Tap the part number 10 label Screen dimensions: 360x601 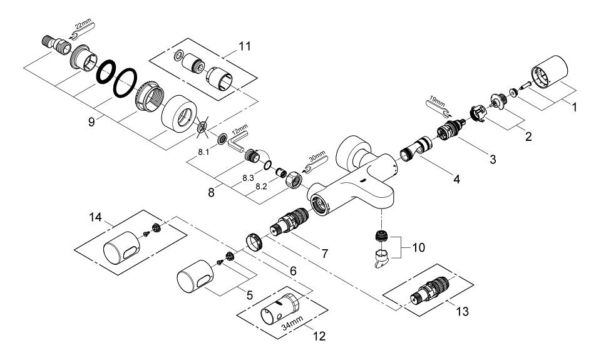coord(418,248)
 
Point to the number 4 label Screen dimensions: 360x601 coord(456,180)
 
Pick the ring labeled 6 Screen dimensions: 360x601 coord(253,241)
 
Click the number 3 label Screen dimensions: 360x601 coord(493,160)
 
